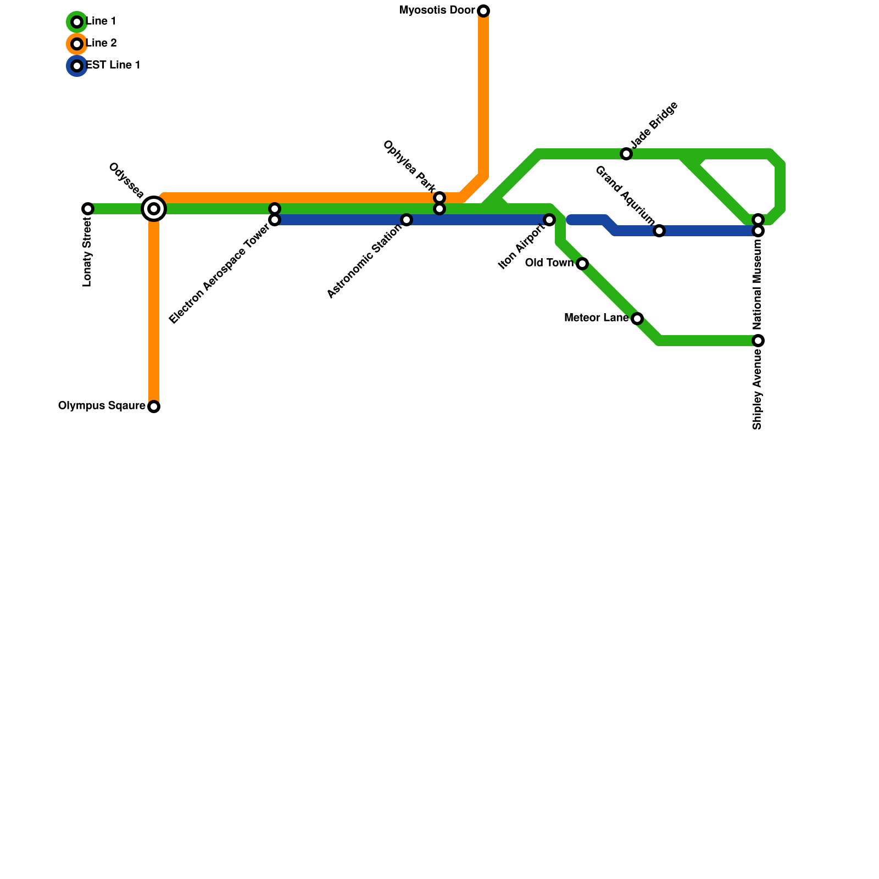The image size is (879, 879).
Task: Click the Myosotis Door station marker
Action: point(483,11)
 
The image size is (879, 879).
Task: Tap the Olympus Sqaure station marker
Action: point(154,407)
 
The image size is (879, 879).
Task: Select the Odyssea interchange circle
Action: point(154,209)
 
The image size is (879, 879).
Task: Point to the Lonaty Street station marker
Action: point(88,209)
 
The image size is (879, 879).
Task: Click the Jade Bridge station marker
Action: point(626,154)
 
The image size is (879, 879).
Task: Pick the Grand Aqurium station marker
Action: point(659,231)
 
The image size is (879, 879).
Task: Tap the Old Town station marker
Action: point(582,264)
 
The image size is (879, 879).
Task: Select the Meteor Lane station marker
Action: point(637,319)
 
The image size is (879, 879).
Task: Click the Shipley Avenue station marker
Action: point(758,341)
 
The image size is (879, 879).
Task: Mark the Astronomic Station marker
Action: point(407,220)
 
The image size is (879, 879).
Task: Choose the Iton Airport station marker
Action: point(549,220)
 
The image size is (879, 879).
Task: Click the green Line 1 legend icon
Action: point(77,22)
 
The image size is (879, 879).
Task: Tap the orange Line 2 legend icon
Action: point(77,43)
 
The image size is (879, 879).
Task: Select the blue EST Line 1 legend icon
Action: point(77,66)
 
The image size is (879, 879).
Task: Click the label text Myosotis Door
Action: point(437,10)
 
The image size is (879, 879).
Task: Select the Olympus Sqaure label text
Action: point(102,406)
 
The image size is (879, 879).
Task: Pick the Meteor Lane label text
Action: point(597,318)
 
